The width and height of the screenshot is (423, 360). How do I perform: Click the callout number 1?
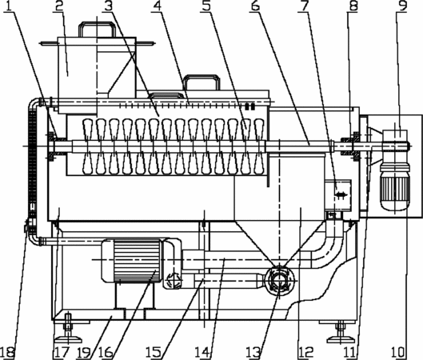(x=8, y=6)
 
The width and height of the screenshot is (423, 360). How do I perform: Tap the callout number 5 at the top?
(x=206, y=6)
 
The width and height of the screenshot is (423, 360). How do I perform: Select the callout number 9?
(x=402, y=6)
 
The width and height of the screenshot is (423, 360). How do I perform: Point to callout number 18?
(x=7, y=353)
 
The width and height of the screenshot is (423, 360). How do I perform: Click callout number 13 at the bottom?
(x=253, y=353)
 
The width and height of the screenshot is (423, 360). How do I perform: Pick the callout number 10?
(x=398, y=353)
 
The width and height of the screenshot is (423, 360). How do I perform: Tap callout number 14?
(x=202, y=353)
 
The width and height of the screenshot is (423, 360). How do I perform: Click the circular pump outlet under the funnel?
(x=280, y=281)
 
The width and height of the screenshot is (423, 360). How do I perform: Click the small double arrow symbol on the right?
(x=341, y=194)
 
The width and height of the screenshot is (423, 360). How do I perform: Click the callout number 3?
(x=108, y=6)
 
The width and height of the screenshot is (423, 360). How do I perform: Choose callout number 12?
(x=305, y=353)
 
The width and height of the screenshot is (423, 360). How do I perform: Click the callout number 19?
(x=83, y=353)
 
